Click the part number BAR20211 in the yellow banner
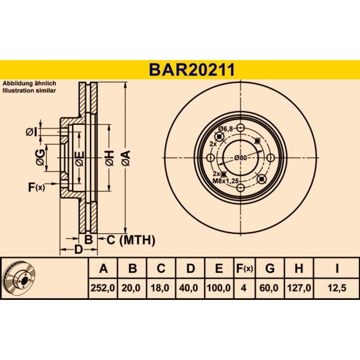point(192,70)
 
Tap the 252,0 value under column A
point(103,288)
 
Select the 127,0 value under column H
point(299,288)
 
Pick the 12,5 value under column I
point(337,288)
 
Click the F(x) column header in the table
point(244,268)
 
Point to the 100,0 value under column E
point(219,288)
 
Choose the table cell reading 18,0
point(160,288)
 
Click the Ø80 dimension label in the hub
point(240,158)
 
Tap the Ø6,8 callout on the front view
point(225,129)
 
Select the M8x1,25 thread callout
point(225,181)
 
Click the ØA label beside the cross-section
point(126,158)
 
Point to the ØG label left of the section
point(40,157)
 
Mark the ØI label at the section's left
point(31,132)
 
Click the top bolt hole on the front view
point(240,128)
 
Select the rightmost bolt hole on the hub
point(271,158)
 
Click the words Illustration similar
point(29,90)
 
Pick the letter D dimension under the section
point(78,249)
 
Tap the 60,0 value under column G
point(270,288)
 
